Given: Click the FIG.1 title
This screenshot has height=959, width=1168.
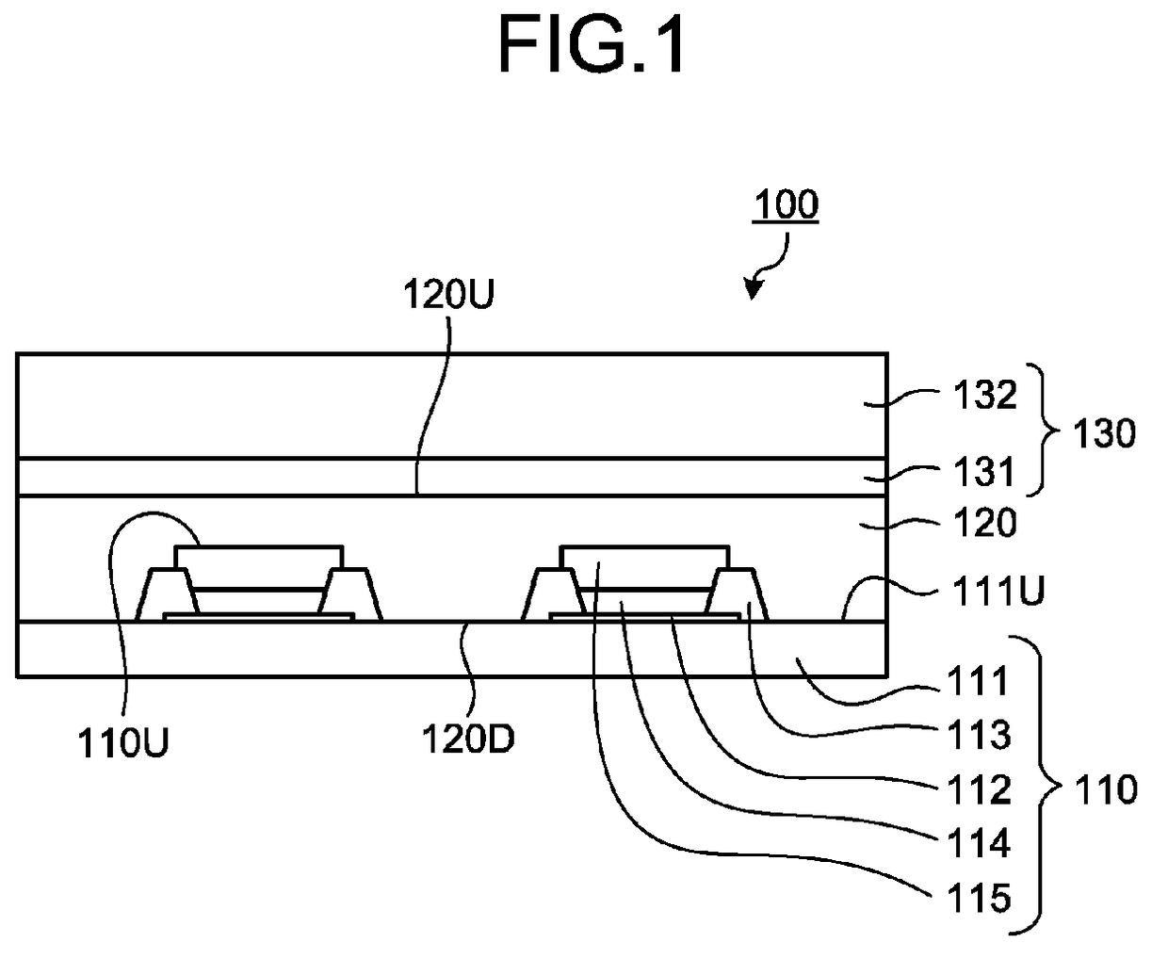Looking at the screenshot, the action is point(592,44).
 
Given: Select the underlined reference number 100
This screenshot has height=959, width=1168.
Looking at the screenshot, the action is point(786,205).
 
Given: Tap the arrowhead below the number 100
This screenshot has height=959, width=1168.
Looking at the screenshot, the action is point(753,288).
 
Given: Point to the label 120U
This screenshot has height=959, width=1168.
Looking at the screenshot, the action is point(448,294).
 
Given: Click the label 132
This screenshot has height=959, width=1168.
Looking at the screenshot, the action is point(984,395).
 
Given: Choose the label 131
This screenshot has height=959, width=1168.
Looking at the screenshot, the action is point(983,472).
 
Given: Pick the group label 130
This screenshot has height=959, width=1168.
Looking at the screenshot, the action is point(1104,433).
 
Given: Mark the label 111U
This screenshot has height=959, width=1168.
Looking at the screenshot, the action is point(998,591).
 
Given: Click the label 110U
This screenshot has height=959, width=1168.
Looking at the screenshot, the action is point(123,743).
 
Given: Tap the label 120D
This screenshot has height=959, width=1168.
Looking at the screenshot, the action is point(468,739).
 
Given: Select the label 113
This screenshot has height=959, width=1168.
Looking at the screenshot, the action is point(980,735).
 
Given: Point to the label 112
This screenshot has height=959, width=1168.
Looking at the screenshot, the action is point(980,789).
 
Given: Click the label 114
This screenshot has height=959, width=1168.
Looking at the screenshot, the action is point(980,843).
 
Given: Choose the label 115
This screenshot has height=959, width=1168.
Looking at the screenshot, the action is point(980,898).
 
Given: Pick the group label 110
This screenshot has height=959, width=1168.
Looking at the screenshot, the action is point(1106,789).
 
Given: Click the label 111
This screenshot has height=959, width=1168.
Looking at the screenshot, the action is point(978,681).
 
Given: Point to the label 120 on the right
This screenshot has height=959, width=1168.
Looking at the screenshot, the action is point(984,523).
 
